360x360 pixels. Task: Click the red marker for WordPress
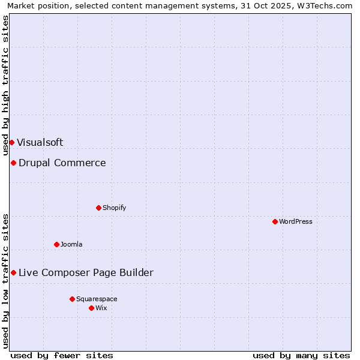pos(275,221)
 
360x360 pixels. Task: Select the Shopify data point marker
pos(98,208)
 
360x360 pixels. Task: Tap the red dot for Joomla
pos(56,244)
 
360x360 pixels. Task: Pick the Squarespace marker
pos(72,299)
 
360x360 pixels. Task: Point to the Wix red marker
pos(91,308)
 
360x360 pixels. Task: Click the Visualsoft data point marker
pos(11,142)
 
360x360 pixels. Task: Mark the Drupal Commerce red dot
pos(13,163)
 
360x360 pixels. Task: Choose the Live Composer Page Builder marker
pos(13,272)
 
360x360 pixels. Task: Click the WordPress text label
pos(296,221)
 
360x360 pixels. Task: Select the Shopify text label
pos(114,208)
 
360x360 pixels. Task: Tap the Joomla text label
pos(71,244)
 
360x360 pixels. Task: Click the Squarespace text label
pos(97,299)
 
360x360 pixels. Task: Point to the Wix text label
pos(101,308)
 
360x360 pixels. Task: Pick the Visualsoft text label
pos(40,142)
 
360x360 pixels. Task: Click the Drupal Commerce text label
pos(62,163)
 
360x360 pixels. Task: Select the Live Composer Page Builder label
pos(86,272)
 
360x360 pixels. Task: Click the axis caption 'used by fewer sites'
pos(62,355)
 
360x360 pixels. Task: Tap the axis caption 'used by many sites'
pos(301,355)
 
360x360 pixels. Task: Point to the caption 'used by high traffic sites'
pos(5,85)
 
